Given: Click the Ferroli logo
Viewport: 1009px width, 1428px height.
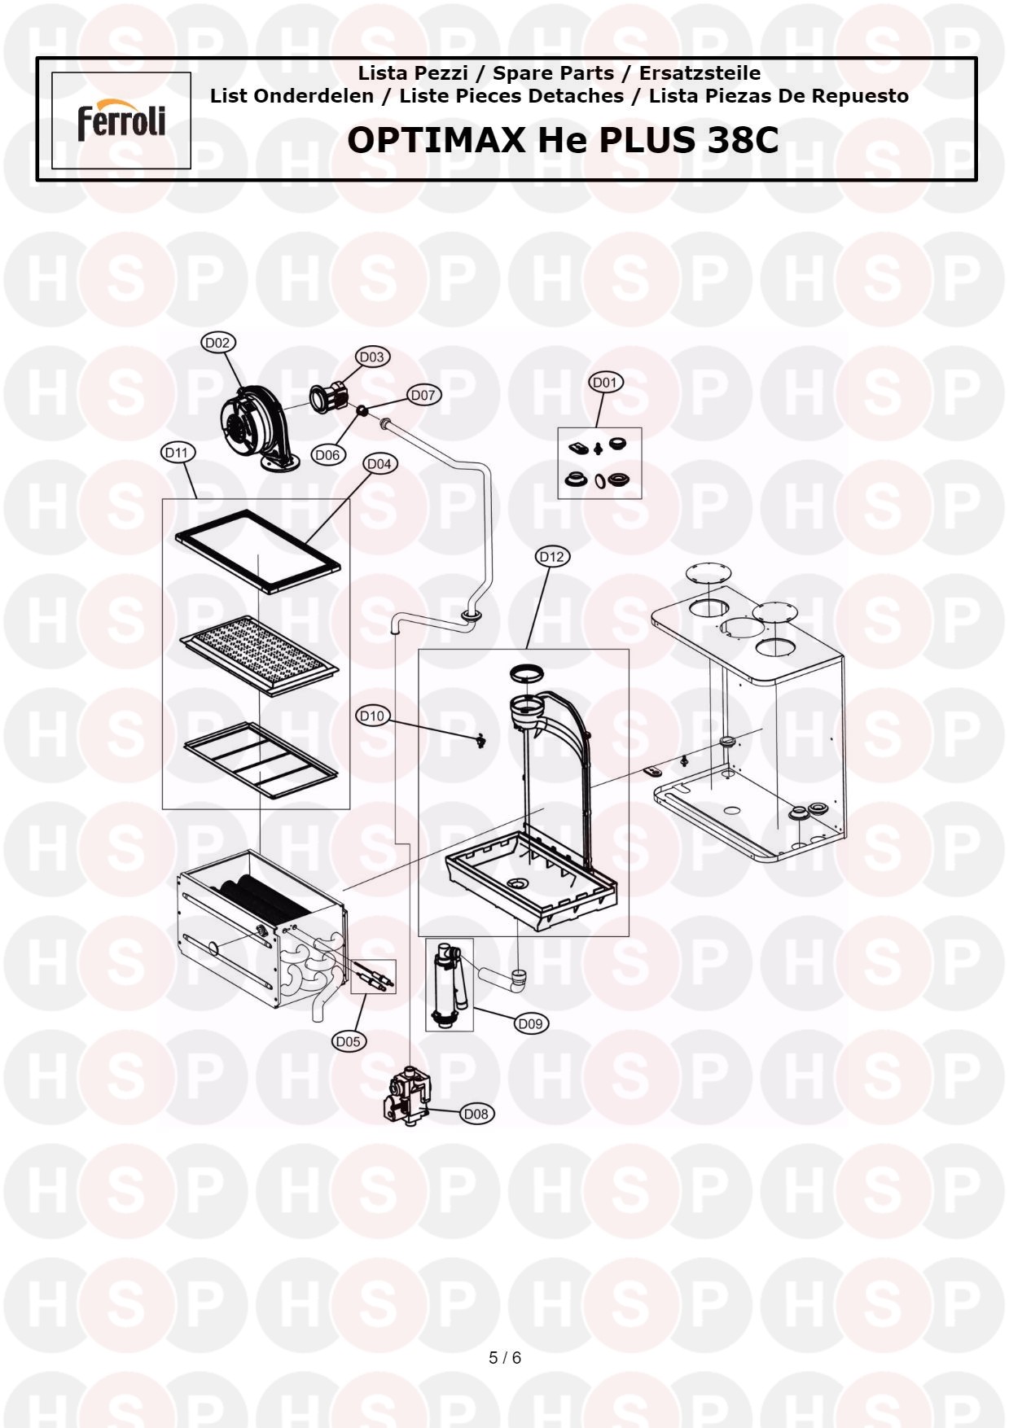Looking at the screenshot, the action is click(x=121, y=120).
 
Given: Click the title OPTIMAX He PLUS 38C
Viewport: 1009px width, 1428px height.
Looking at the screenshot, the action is click(x=563, y=140).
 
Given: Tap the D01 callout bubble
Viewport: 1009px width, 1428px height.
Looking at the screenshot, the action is click(x=605, y=383).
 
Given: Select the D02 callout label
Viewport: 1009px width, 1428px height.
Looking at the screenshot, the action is click(x=217, y=343).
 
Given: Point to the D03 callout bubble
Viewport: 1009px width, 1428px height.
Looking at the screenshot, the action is click(x=372, y=357).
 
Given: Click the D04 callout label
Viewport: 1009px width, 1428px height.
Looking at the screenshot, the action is click(x=379, y=464).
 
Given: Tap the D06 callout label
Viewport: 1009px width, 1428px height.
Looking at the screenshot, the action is click(x=327, y=455).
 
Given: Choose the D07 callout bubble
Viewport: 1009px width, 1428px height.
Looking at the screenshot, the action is click(x=423, y=395).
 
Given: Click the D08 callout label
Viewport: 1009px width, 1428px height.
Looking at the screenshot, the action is click(x=476, y=1114).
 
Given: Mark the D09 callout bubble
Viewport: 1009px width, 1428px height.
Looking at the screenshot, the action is click(x=530, y=1023).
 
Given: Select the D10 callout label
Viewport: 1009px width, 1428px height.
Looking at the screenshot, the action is click(x=372, y=716).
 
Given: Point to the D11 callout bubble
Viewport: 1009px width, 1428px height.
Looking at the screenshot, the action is click(x=177, y=453).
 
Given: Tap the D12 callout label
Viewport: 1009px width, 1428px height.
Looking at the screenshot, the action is click(x=552, y=557).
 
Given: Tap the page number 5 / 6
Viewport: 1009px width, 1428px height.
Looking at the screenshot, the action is click(x=505, y=1358).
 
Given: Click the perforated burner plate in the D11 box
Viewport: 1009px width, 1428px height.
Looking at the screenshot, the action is click(x=259, y=656).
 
